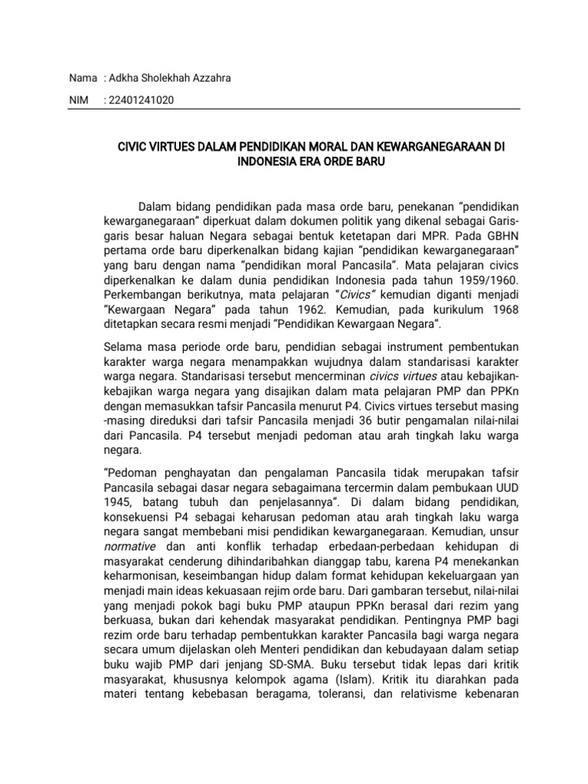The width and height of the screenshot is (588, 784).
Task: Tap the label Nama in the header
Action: pos(83,78)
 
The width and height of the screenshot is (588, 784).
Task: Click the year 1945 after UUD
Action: pos(118,501)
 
